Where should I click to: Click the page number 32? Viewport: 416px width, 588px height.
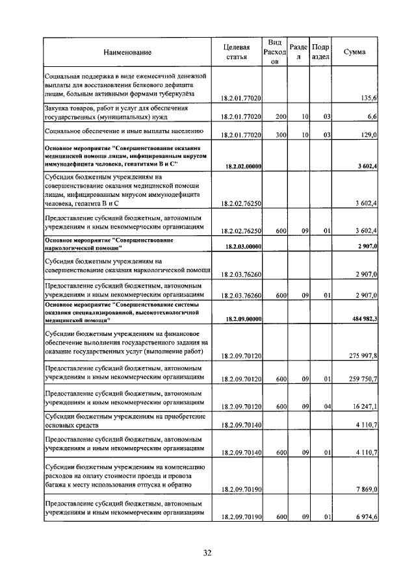point(207,553)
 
